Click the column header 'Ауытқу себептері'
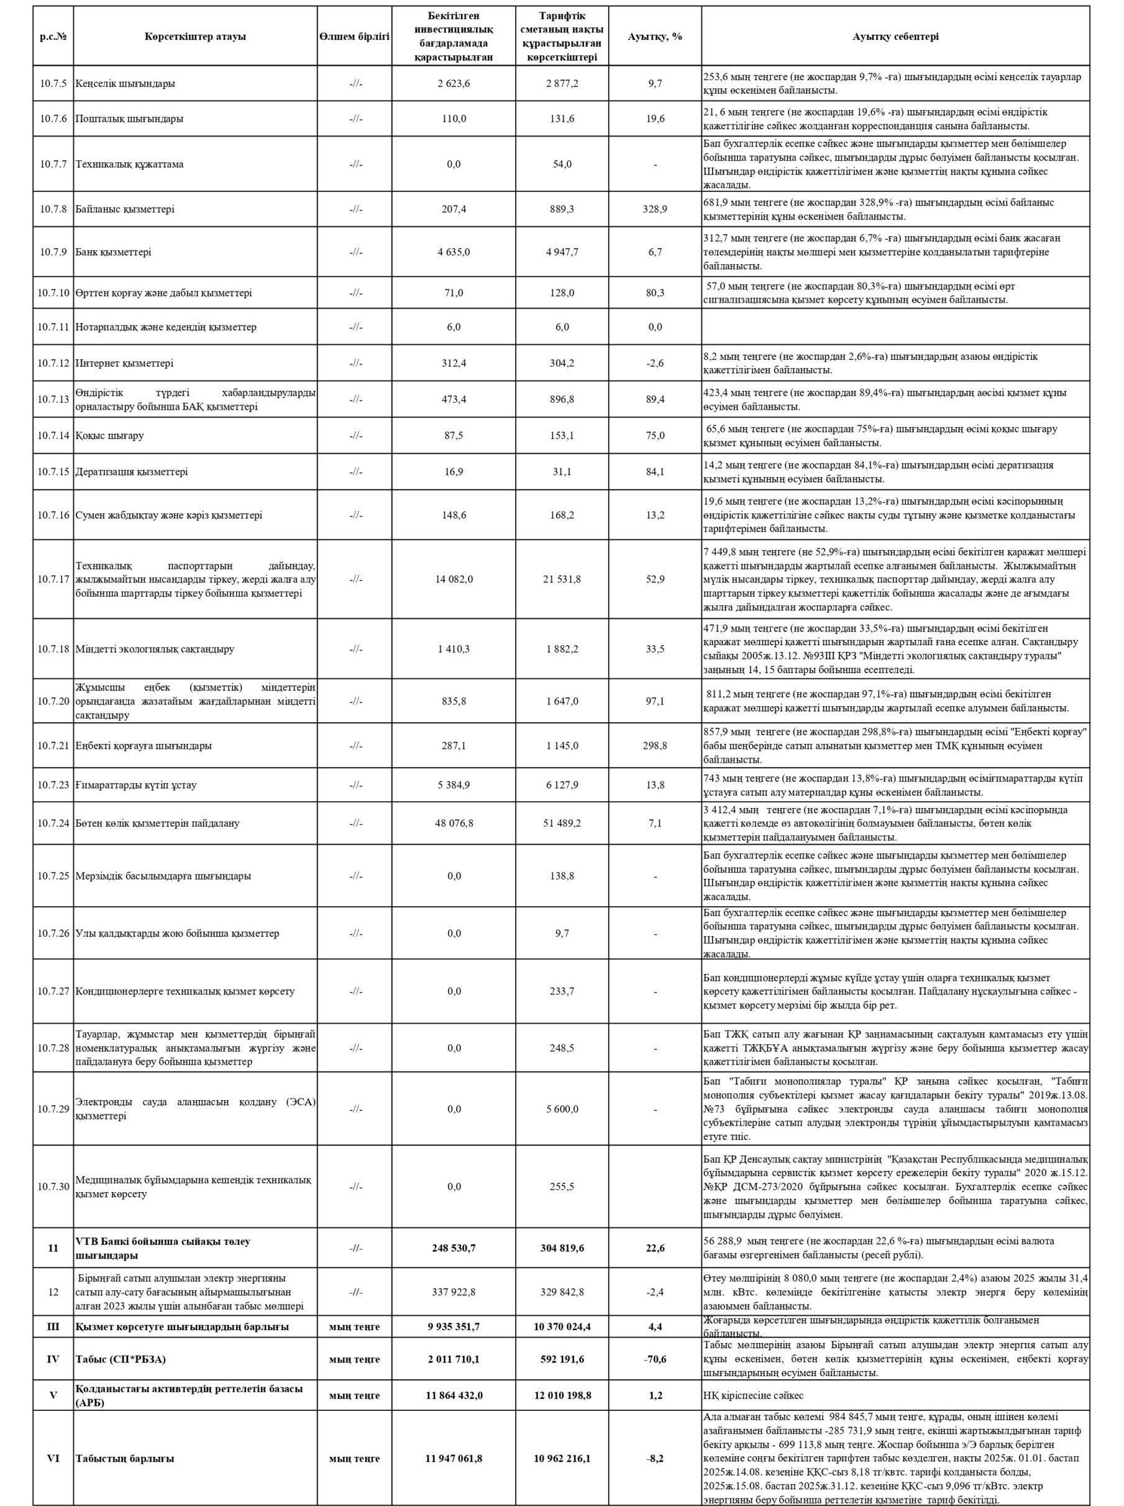coord(895,37)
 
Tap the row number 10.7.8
coord(53,209)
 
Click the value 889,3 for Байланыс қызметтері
coord(561,209)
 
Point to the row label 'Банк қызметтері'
coord(114,252)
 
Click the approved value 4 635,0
coord(454,252)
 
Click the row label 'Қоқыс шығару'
coord(109,436)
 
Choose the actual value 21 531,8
coord(561,579)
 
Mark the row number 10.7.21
coord(53,745)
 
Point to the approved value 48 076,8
coord(454,823)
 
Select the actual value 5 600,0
coord(561,1109)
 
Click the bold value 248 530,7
coord(454,1248)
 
